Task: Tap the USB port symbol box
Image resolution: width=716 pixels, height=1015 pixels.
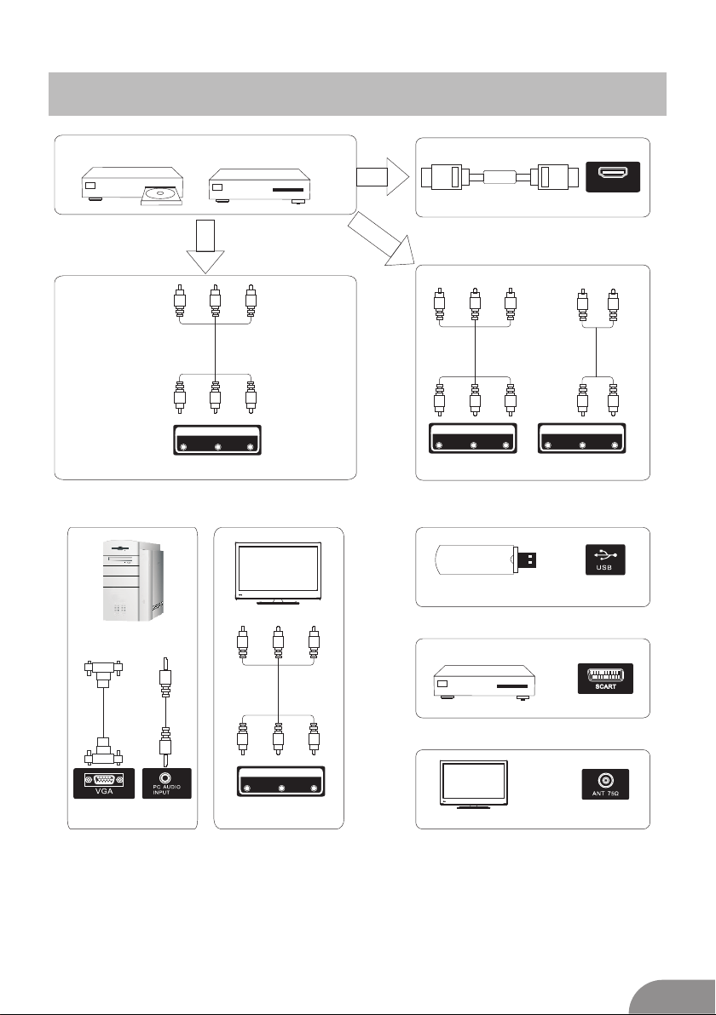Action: point(604,558)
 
